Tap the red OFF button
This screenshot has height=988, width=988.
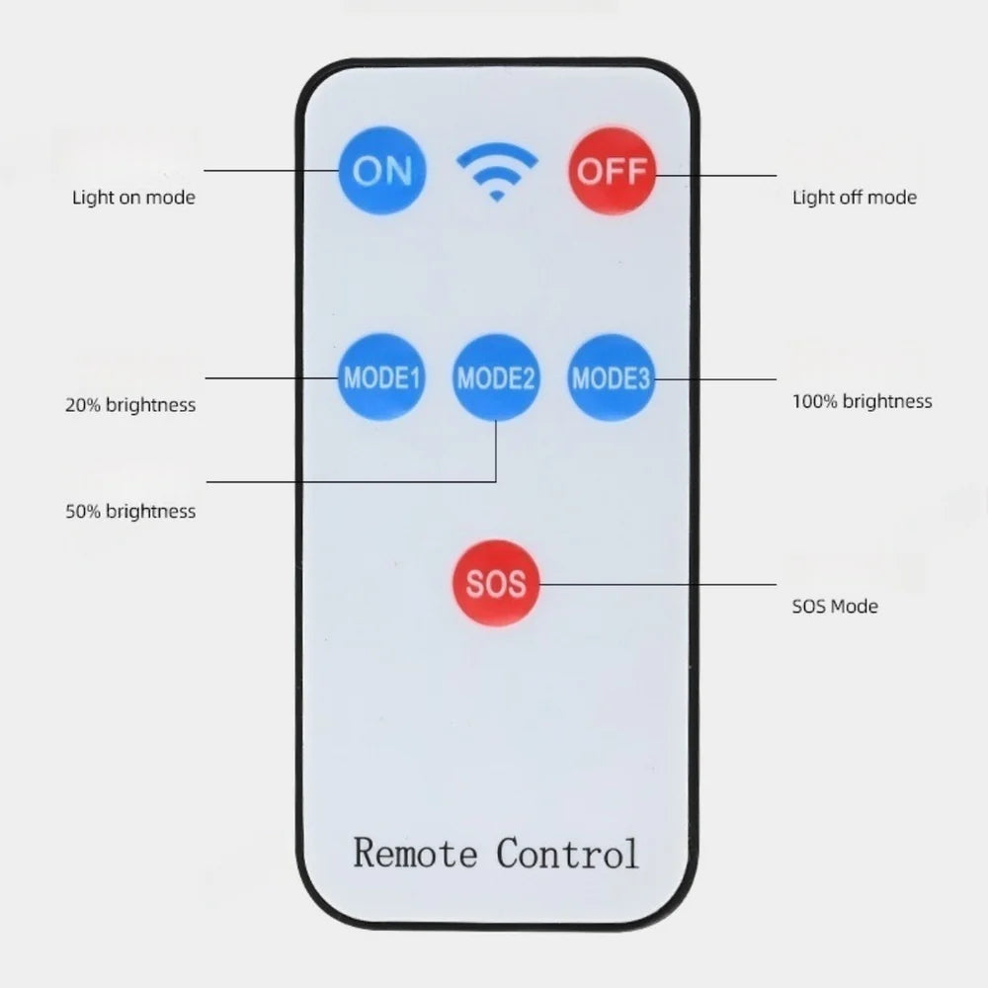point(612,171)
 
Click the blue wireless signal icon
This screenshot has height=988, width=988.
point(497,172)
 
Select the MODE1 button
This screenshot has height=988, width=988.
point(381,377)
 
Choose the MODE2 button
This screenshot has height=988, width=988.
point(496,377)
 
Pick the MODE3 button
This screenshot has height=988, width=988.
point(612,377)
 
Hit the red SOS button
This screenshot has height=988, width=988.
point(496,583)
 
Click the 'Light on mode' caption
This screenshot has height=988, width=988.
point(133,198)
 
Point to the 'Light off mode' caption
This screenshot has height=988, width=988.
point(854,198)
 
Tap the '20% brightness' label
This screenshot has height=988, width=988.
point(130,405)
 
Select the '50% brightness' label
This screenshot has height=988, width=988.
point(130,512)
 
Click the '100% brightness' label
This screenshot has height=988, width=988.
point(862,402)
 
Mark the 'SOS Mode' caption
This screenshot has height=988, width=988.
point(834,607)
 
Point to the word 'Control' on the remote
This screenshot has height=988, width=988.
point(567,852)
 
